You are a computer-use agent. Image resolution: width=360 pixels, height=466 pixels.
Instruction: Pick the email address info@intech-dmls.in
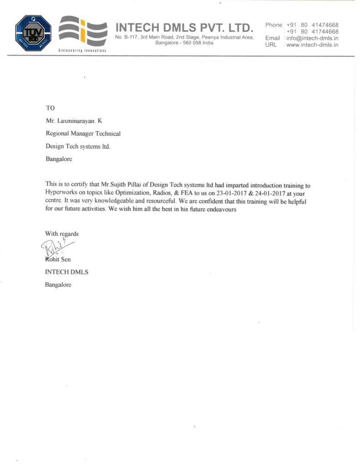pos(313,39)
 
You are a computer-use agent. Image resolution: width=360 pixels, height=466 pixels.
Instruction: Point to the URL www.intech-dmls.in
pos(313,46)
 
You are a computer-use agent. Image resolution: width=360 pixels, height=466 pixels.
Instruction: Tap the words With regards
pos(62,234)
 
